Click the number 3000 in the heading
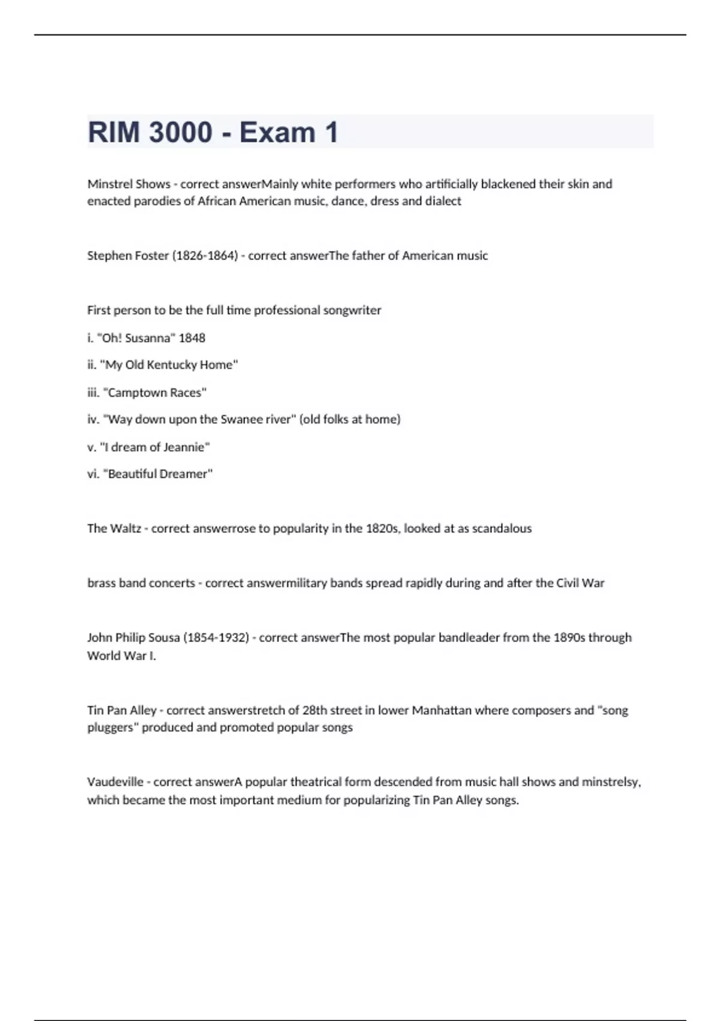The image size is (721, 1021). click(x=180, y=132)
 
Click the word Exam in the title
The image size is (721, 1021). click(x=277, y=132)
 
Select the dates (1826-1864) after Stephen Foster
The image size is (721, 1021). click(x=205, y=255)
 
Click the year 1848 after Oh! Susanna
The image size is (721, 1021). click(x=192, y=338)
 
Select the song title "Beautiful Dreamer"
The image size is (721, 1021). click(x=158, y=474)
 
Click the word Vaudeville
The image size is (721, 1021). click(x=115, y=782)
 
